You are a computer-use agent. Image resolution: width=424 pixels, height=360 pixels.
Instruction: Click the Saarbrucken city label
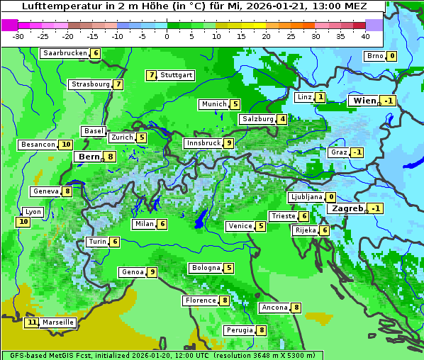pyautogui.click(x=65, y=53)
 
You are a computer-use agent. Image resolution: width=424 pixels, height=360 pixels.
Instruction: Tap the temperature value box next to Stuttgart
pyautogui.click(x=151, y=75)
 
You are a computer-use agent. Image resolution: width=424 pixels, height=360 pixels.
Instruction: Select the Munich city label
pyautogui.click(x=213, y=104)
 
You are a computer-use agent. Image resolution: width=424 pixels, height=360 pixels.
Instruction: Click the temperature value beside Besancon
pyautogui.click(x=66, y=145)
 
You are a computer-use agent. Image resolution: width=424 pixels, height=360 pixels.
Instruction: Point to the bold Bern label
pyautogui.click(x=89, y=157)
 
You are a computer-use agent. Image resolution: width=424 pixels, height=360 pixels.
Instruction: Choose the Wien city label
pyautogui.click(x=364, y=101)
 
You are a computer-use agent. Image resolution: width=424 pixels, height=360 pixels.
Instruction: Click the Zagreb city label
pyautogui.click(x=347, y=208)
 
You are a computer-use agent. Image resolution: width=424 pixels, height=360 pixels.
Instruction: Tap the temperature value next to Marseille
pyautogui.click(x=31, y=322)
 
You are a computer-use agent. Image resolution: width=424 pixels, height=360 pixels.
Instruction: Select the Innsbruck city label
pyautogui.click(x=202, y=143)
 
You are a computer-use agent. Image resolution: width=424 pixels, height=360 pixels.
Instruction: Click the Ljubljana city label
pyautogui.click(x=306, y=197)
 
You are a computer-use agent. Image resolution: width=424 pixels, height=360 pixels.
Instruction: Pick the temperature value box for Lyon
pyautogui.click(x=23, y=222)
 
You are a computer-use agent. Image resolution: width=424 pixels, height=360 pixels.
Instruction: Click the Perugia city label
pyautogui.click(x=239, y=330)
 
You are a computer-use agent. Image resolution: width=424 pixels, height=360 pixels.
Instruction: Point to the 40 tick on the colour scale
pyautogui.click(x=365, y=36)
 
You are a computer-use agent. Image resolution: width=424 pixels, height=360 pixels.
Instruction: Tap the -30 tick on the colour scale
pyautogui.click(x=18, y=36)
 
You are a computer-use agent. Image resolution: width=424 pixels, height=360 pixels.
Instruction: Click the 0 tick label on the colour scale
pyautogui.click(x=167, y=36)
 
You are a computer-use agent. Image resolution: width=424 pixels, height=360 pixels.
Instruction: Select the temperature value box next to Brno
pyautogui.click(x=392, y=56)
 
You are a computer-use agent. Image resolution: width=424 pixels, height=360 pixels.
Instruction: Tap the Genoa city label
pyautogui.click(x=132, y=272)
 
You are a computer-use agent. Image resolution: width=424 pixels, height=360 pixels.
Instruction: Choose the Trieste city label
pyautogui.click(x=283, y=216)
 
